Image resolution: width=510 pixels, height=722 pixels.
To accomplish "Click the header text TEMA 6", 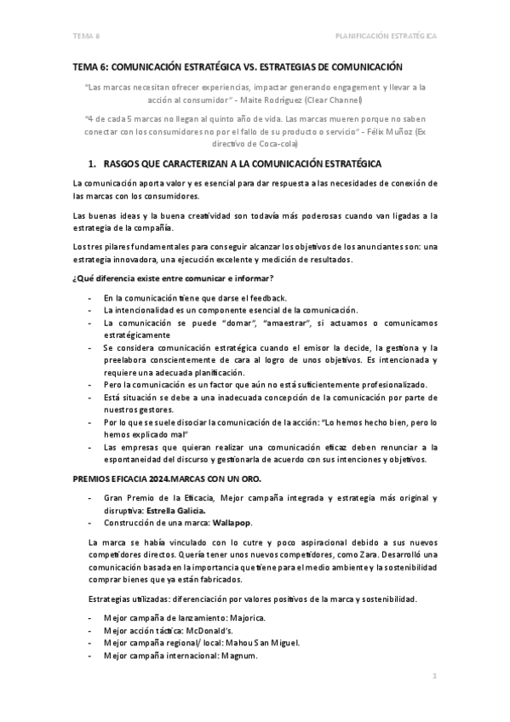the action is [x=86, y=36].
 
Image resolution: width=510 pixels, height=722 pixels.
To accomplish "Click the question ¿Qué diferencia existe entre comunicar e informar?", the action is [x=174, y=280].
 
